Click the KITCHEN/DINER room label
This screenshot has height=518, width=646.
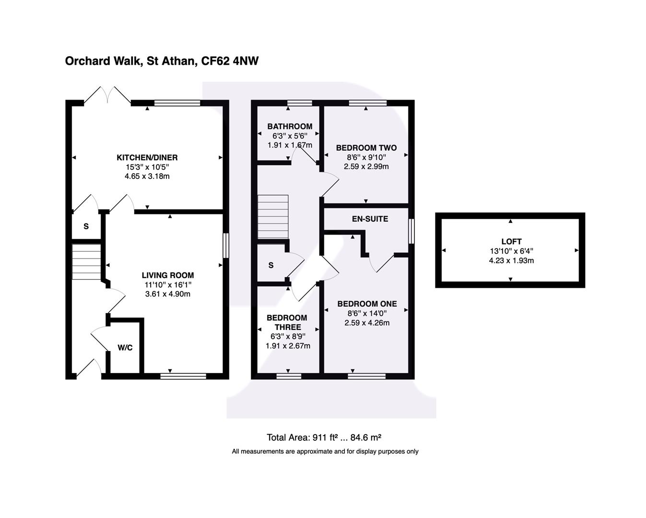147,157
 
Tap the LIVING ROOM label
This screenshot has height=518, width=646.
168,275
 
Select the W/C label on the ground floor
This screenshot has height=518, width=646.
125,348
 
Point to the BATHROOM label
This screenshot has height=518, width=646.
290,127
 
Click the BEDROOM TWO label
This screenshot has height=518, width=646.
366,148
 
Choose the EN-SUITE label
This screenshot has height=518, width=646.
370,219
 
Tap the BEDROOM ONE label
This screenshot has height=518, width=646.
367,304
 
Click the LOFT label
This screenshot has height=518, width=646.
511,242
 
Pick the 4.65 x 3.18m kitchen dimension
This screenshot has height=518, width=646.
147,176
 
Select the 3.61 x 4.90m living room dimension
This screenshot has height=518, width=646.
168,294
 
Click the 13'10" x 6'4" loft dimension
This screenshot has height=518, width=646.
511,251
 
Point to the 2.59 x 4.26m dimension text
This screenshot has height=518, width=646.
367,323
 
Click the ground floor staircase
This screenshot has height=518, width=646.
86,261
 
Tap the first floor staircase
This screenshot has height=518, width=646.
273,217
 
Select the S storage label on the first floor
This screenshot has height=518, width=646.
271,265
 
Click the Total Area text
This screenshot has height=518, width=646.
324,437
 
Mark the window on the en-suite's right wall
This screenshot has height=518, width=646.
411,231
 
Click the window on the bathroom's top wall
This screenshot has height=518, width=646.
299,103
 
